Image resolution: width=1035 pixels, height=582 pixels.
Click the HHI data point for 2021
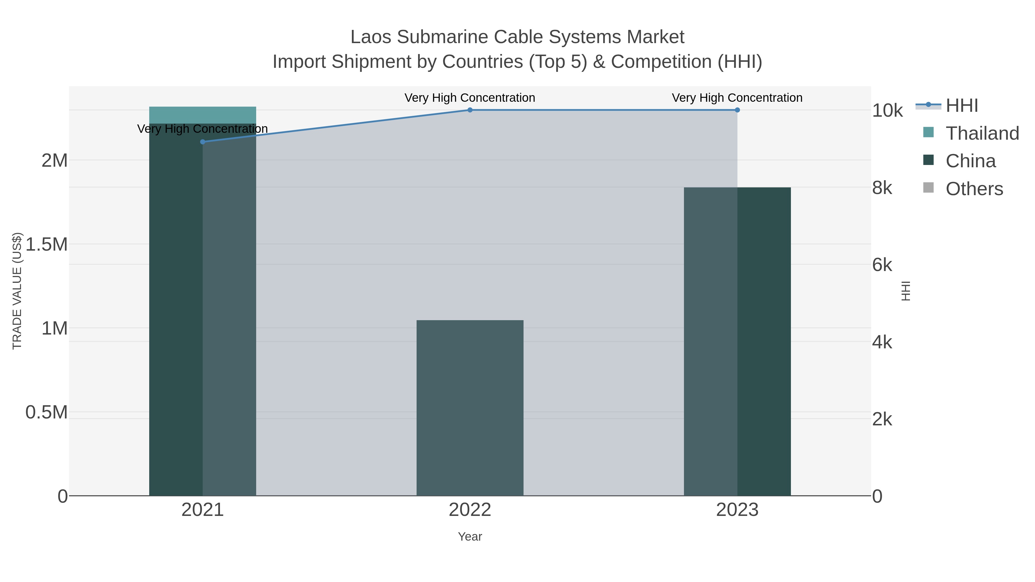[202, 142]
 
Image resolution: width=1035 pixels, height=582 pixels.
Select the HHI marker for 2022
[470, 110]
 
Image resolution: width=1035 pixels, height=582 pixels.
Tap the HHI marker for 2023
[737, 110]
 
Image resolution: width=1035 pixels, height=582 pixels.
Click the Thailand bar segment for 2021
[202, 115]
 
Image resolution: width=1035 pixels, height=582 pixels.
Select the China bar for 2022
[470, 408]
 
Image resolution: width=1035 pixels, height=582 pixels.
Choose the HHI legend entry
[961, 106]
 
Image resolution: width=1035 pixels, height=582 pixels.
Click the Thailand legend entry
[982, 133]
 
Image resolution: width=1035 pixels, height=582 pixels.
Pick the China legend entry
[970, 161]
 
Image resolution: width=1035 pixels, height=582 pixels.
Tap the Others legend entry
[974, 189]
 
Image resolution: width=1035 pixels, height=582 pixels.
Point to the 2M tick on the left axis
[55, 161]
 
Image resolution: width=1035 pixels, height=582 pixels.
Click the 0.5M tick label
[47, 412]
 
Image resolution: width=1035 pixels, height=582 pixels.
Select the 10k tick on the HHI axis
[887, 111]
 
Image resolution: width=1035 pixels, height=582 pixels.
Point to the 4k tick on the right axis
[882, 342]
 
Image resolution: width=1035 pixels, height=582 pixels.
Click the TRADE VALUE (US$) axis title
[17, 291]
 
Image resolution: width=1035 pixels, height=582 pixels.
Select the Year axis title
[470, 537]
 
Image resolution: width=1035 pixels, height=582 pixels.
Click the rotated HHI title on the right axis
[906, 291]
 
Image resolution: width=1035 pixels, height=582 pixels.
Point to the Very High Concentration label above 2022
[470, 98]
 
